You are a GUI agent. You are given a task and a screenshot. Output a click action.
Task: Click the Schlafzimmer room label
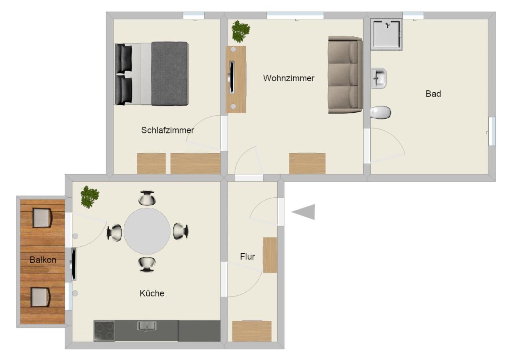[x=168, y=130]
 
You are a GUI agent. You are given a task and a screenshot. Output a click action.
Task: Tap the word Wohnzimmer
[x=289, y=78]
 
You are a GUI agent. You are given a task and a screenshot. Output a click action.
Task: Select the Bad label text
[x=433, y=94]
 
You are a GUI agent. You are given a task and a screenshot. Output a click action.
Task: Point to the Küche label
[x=152, y=293]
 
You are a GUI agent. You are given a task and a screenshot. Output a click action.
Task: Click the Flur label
[x=247, y=256]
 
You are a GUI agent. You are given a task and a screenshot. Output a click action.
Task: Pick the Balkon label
[x=43, y=260]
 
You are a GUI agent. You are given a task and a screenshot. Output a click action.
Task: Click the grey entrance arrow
[x=303, y=212]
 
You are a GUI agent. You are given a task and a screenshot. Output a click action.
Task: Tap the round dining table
[x=147, y=231]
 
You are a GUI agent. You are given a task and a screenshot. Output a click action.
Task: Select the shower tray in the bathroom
[x=386, y=34]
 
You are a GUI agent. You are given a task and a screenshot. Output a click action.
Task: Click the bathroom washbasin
[x=379, y=78]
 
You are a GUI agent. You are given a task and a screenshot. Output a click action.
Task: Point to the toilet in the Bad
[x=380, y=112]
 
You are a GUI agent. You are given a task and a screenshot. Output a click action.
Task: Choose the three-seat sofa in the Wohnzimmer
[x=345, y=75]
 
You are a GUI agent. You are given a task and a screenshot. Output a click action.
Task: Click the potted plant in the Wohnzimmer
[x=240, y=32]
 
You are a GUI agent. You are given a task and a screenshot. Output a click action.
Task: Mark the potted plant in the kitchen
[x=90, y=197]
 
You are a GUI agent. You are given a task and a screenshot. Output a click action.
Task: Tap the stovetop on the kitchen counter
[x=104, y=331]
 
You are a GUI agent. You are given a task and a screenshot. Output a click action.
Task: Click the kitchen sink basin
[x=147, y=326]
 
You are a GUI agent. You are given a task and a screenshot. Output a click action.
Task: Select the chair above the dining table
[x=147, y=198]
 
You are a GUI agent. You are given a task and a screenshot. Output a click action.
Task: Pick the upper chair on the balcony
[x=42, y=218]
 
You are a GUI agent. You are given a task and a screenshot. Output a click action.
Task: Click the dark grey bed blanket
[x=169, y=74]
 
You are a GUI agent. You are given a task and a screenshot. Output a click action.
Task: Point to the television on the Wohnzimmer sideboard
[x=232, y=77]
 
